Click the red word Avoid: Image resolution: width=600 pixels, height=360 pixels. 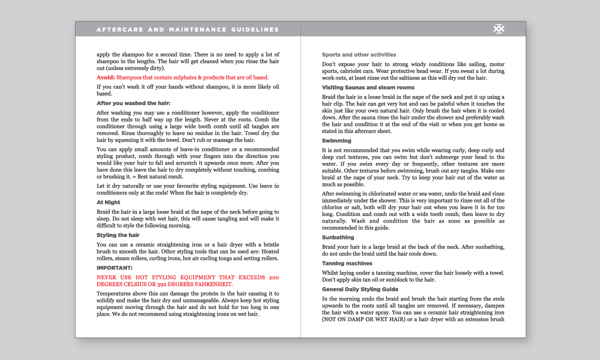click(x=105, y=77)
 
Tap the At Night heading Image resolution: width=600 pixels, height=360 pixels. click(x=108, y=202)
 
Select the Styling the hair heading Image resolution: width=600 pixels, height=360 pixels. click(x=118, y=235)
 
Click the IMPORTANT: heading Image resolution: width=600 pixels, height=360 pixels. click(x=114, y=268)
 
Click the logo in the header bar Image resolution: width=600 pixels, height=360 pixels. click(x=498, y=29)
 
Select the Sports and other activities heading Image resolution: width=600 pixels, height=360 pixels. click(x=359, y=54)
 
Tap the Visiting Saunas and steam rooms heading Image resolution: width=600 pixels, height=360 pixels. click(x=368, y=87)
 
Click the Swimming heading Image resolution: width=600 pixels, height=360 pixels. click(x=336, y=141)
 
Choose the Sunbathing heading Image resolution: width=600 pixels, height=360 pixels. click(x=338, y=237)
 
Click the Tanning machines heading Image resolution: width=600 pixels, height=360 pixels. click(x=347, y=263)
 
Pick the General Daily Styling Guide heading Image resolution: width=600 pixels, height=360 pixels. click(x=360, y=289)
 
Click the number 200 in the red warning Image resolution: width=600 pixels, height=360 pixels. click(x=274, y=277)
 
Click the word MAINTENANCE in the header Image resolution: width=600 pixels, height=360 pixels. click(x=196, y=29)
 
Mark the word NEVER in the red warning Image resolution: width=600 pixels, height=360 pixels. click(x=106, y=277)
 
